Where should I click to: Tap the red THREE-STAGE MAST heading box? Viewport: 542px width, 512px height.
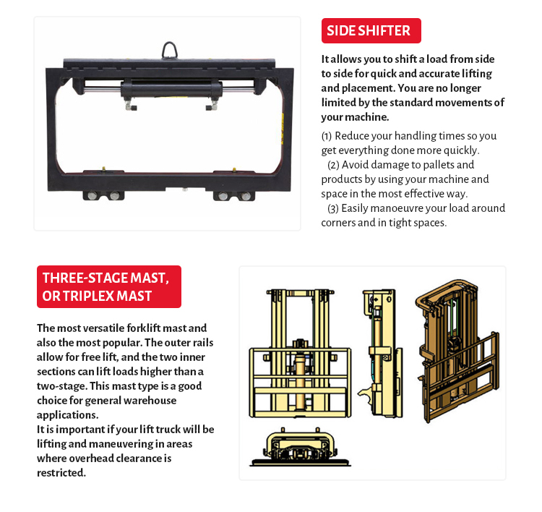(x=108, y=286)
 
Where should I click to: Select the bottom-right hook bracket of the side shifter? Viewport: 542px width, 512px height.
(x=233, y=195)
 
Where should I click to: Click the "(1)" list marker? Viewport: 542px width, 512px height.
(x=327, y=136)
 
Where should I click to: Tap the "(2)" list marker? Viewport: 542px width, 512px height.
(x=335, y=165)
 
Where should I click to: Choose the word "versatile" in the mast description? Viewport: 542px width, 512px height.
(x=90, y=328)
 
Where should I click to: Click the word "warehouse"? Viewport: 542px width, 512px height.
(x=150, y=401)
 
